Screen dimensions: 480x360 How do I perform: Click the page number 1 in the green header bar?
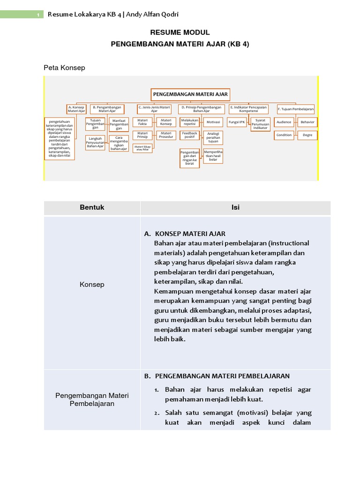[x=37, y=15]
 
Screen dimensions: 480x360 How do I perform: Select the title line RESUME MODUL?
[x=180, y=32]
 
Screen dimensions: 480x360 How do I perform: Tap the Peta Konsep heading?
[x=64, y=67]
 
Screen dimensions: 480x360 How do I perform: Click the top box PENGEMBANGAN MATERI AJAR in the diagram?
[x=190, y=94]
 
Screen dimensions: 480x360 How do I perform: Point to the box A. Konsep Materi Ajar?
[x=76, y=109]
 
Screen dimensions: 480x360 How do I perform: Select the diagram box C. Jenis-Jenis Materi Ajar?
[x=154, y=109]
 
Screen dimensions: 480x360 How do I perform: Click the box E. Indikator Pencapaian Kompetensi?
[x=248, y=109]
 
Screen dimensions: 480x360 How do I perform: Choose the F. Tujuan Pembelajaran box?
[x=295, y=109]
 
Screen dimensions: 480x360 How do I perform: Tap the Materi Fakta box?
[x=142, y=122]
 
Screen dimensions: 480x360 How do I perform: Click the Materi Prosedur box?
[x=166, y=135]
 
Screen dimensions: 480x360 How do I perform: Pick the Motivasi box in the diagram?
[x=213, y=122]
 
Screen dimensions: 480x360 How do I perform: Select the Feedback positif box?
[x=189, y=135]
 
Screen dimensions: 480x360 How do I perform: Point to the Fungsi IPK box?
[x=236, y=122]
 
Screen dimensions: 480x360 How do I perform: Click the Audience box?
[x=284, y=122]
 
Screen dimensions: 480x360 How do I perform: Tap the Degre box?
[x=307, y=135]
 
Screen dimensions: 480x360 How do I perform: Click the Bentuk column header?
[x=92, y=207]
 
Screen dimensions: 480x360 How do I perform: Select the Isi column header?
[x=235, y=207]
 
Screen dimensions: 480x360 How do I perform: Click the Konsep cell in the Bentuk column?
[x=92, y=285]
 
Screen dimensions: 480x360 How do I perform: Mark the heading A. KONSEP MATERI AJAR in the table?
[x=185, y=233]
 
